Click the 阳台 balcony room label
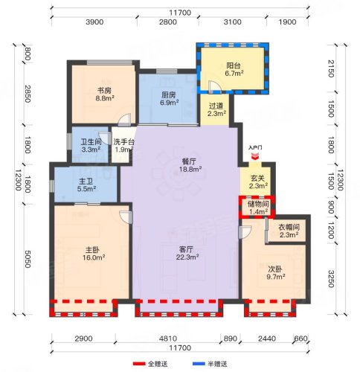click(x=234, y=65)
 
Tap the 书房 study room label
click(x=104, y=91)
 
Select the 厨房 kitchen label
click(x=169, y=95)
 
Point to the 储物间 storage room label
click(x=258, y=204)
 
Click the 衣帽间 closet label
click(x=289, y=227)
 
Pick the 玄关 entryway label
click(x=257, y=178)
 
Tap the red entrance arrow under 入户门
click(x=255, y=156)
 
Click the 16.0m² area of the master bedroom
click(x=94, y=257)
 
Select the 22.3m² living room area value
click(x=187, y=257)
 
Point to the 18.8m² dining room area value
click(x=190, y=170)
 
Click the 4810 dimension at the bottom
click(x=168, y=339)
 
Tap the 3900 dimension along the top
click(x=94, y=22)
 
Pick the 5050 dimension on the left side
click(x=28, y=259)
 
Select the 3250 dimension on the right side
click(x=331, y=279)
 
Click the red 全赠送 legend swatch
click(x=139, y=364)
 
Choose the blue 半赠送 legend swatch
click(x=199, y=364)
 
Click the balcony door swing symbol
click(x=214, y=87)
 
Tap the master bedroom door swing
click(x=126, y=217)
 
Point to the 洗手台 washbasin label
click(x=124, y=142)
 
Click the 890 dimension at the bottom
click(x=230, y=339)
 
